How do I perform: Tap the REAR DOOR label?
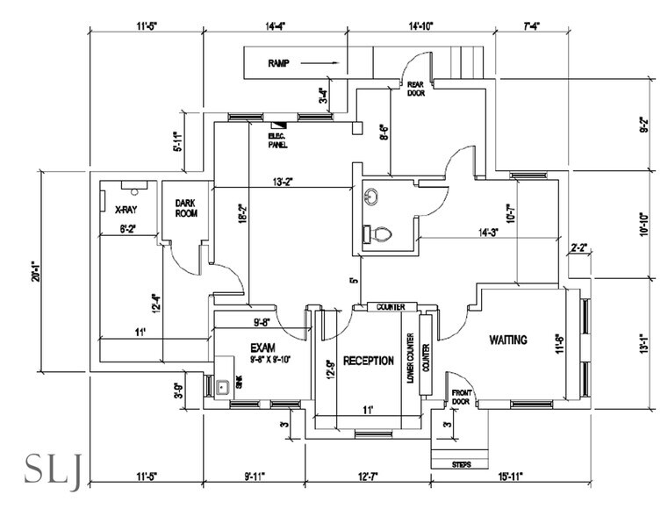coord(415,89)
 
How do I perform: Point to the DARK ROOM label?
coord(186,207)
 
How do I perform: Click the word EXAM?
coord(264,348)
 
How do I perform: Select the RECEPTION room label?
coord(369,361)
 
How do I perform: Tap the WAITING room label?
coord(508,340)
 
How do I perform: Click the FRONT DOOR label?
coord(461,398)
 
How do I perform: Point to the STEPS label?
coord(460,463)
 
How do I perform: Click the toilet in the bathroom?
coord(378,234)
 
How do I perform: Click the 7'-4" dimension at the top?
coord(530,26)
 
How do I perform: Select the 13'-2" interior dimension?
coord(283,183)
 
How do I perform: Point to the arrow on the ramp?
coord(316,63)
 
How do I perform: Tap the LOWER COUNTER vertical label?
coord(410,359)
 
